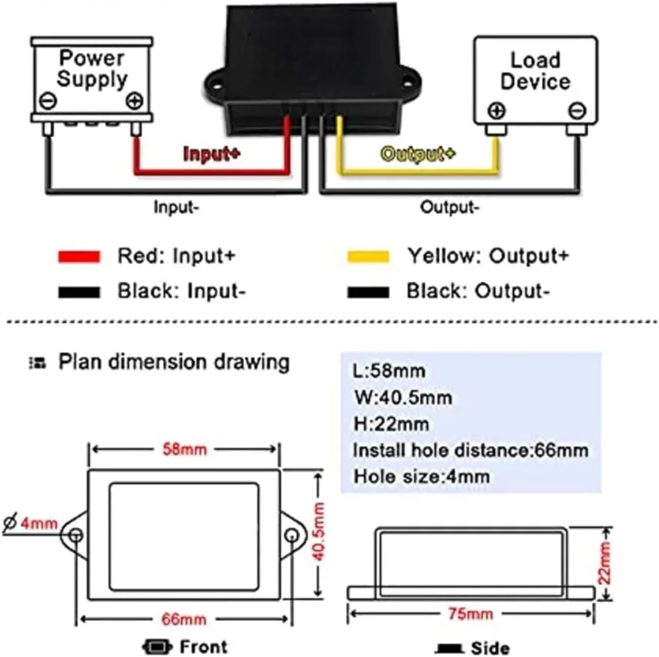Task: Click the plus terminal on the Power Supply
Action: pyautogui.click(x=135, y=101)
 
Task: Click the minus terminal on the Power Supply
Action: pyautogui.click(x=48, y=101)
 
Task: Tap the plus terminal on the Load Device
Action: pyautogui.click(x=497, y=111)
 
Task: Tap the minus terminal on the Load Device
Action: pyautogui.click(x=577, y=111)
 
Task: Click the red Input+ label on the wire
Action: pyautogui.click(x=212, y=154)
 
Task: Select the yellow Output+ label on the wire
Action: pyautogui.click(x=418, y=154)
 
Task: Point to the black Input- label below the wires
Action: pyautogui.click(x=176, y=207)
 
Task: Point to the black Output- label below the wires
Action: pyautogui.click(x=450, y=207)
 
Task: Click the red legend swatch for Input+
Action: pyautogui.click(x=79, y=257)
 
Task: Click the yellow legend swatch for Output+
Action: pyautogui.click(x=368, y=257)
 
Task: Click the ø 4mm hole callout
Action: pyautogui.click(x=31, y=523)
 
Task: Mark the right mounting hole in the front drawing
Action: pyautogui.click(x=292, y=535)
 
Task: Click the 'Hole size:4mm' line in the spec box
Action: pyautogui.click(x=422, y=477)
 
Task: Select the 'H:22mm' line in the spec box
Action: pyautogui.click(x=391, y=425)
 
